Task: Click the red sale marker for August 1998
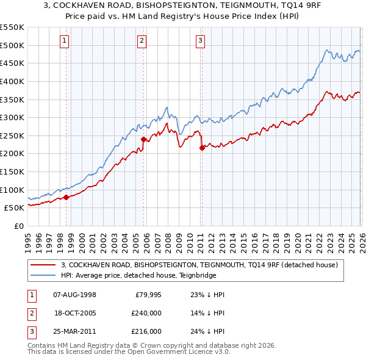click(x=66, y=196)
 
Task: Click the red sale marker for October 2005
click(x=143, y=139)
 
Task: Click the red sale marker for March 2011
click(x=202, y=148)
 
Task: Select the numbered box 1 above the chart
click(x=65, y=41)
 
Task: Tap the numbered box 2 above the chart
click(x=142, y=41)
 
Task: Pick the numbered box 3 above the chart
click(x=200, y=41)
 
